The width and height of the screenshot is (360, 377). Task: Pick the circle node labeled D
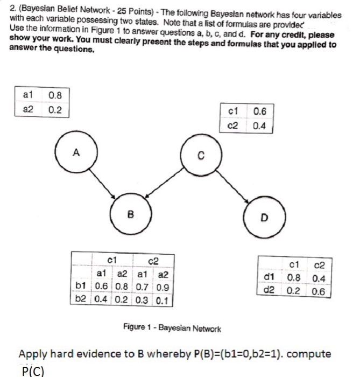click(x=263, y=218)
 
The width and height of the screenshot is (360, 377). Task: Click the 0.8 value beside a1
click(x=55, y=96)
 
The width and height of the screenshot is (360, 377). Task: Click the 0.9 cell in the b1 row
click(x=164, y=285)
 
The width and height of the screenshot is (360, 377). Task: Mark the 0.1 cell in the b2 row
click(x=164, y=298)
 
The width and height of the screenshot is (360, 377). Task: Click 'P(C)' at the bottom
click(x=33, y=369)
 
